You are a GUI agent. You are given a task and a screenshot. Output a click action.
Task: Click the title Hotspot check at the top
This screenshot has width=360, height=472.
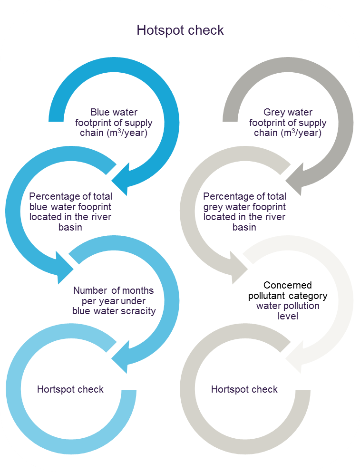point(180,30)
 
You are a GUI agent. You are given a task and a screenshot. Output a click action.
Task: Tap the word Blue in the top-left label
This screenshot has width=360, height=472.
point(100,113)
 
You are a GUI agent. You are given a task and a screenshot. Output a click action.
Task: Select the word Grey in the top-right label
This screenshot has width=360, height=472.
point(274,113)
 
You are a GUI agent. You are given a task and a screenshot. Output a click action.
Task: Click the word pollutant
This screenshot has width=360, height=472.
point(266,296)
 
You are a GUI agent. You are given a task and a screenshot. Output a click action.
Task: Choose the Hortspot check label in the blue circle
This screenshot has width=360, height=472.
point(70,389)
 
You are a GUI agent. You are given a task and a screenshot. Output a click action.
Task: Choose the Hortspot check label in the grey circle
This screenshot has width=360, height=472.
point(244,389)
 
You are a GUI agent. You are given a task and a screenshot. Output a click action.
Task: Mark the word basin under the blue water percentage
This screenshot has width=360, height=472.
point(70,227)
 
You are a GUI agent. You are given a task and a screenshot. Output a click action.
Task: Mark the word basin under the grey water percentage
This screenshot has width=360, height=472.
point(244,227)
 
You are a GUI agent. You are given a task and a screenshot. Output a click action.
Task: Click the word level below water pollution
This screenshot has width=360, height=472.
point(288,316)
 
